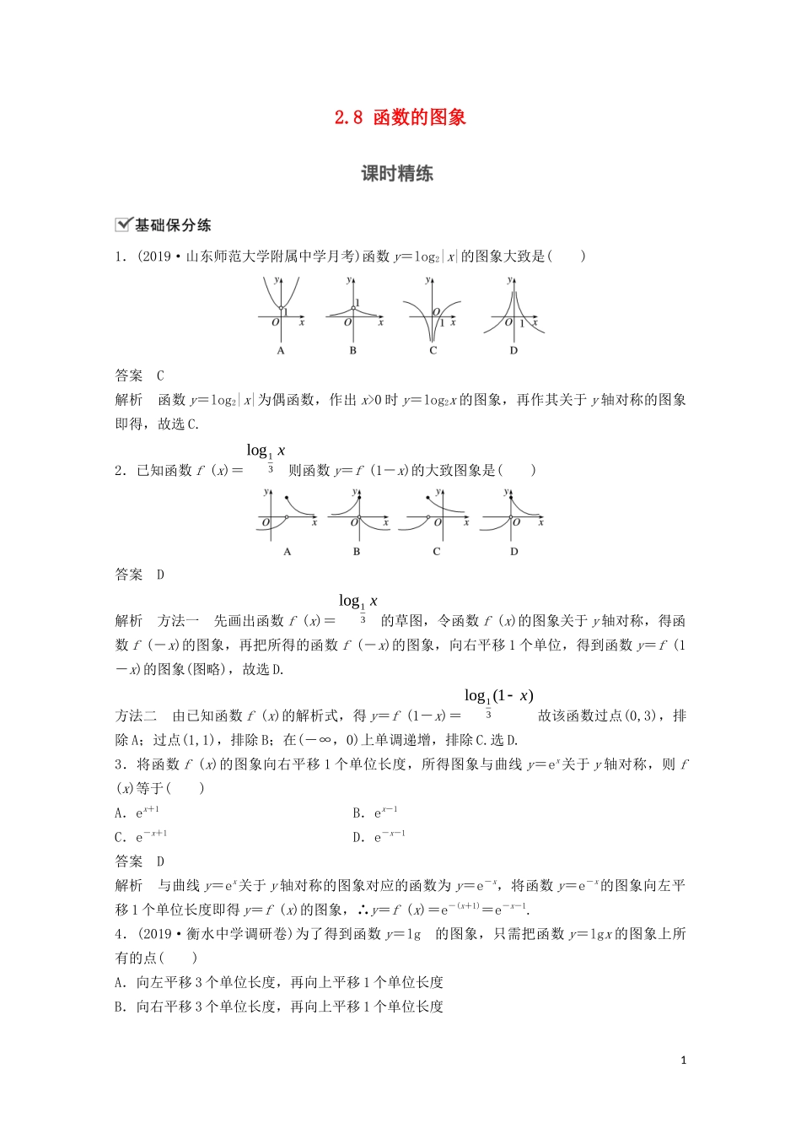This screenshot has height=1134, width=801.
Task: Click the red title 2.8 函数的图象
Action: click(400, 118)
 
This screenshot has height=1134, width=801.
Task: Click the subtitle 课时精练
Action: click(397, 174)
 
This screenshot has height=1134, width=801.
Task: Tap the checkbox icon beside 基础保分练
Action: click(123, 224)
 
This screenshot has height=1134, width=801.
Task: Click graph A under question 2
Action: click(287, 515)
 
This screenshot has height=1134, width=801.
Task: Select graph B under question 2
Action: click(357, 515)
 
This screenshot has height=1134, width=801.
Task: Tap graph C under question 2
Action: click(437, 515)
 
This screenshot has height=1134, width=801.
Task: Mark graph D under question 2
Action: click(513, 515)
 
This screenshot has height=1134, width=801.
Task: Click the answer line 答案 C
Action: click(140, 375)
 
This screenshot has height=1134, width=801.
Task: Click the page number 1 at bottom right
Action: click(683, 1061)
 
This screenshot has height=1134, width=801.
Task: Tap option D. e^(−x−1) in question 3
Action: click(379, 837)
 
